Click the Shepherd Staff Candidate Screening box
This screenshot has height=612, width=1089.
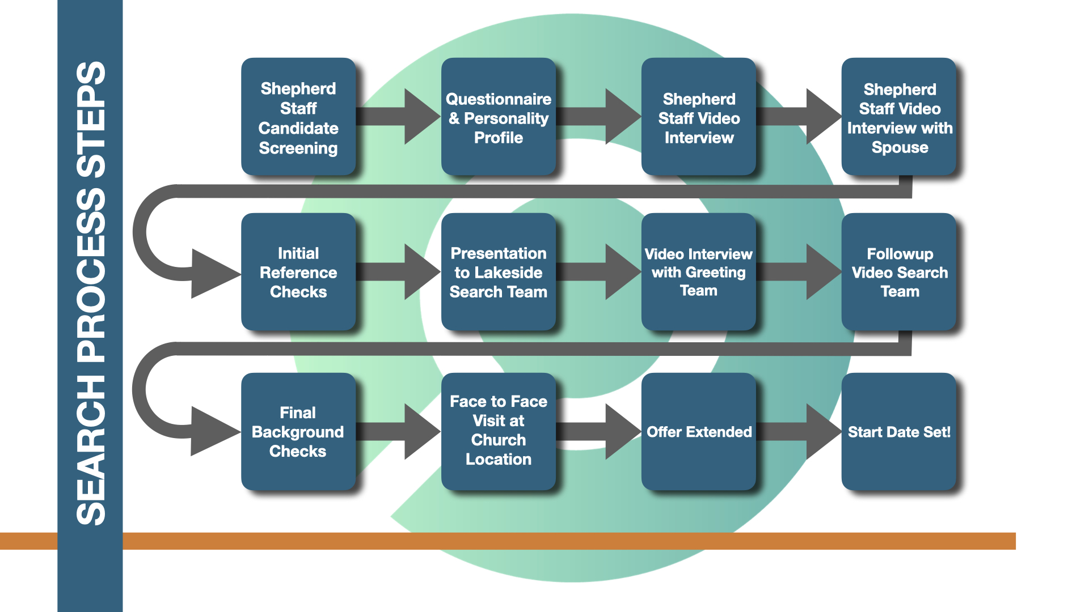click(x=298, y=116)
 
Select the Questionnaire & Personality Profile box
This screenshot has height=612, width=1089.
click(x=499, y=116)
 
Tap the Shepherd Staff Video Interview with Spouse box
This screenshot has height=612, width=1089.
click(x=899, y=116)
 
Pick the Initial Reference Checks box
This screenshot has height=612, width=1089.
click(x=298, y=271)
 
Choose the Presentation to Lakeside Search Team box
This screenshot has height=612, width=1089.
click(x=499, y=271)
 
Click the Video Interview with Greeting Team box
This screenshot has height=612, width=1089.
click(x=699, y=271)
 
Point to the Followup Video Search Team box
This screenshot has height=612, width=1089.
click(x=899, y=271)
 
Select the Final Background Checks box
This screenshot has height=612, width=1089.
click(x=298, y=431)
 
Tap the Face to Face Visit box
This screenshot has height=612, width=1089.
click(x=499, y=431)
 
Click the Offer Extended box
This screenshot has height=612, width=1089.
click(x=699, y=431)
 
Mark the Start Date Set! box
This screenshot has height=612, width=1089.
click(x=899, y=431)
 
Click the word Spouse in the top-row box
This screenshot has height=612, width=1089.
click(x=900, y=147)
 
